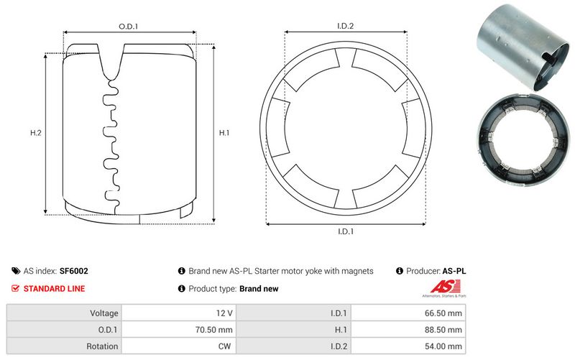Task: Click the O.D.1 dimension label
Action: click(128, 27)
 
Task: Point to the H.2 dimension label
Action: click(34, 133)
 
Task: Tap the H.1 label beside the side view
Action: click(224, 133)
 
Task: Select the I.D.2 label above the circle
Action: click(346, 27)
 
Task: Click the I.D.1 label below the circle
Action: click(346, 231)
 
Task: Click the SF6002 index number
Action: click(74, 272)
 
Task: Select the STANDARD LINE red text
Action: click(54, 289)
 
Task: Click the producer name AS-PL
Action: click(453, 272)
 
